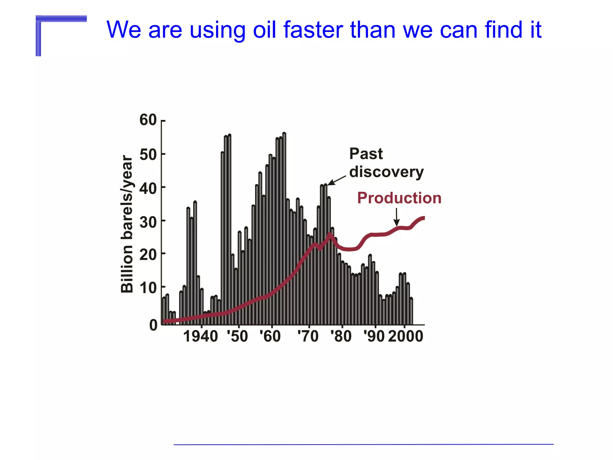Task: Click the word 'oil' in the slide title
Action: (x=264, y=30)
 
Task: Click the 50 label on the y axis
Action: (x=148, y=155)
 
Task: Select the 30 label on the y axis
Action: (x=148, y=222)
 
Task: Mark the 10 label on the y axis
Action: (x=148, y=288)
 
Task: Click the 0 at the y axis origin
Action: (x=153, y=325)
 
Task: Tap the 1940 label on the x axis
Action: (x=201, y=336)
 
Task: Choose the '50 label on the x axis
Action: (x=237, y=336)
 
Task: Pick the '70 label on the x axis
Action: (x=308, y=336)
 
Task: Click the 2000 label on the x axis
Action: (x=406, y=336)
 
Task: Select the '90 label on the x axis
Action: (x=374, y=336)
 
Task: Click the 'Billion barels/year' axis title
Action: (x=127, y=224)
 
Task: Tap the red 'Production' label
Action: (x=399, y=198)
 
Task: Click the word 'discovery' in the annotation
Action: (x=386, y=172)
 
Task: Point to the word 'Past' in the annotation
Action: (x=366, y=154)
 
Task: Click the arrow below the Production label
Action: (x=397, y=217)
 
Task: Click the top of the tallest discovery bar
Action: (x=284, y=134)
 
